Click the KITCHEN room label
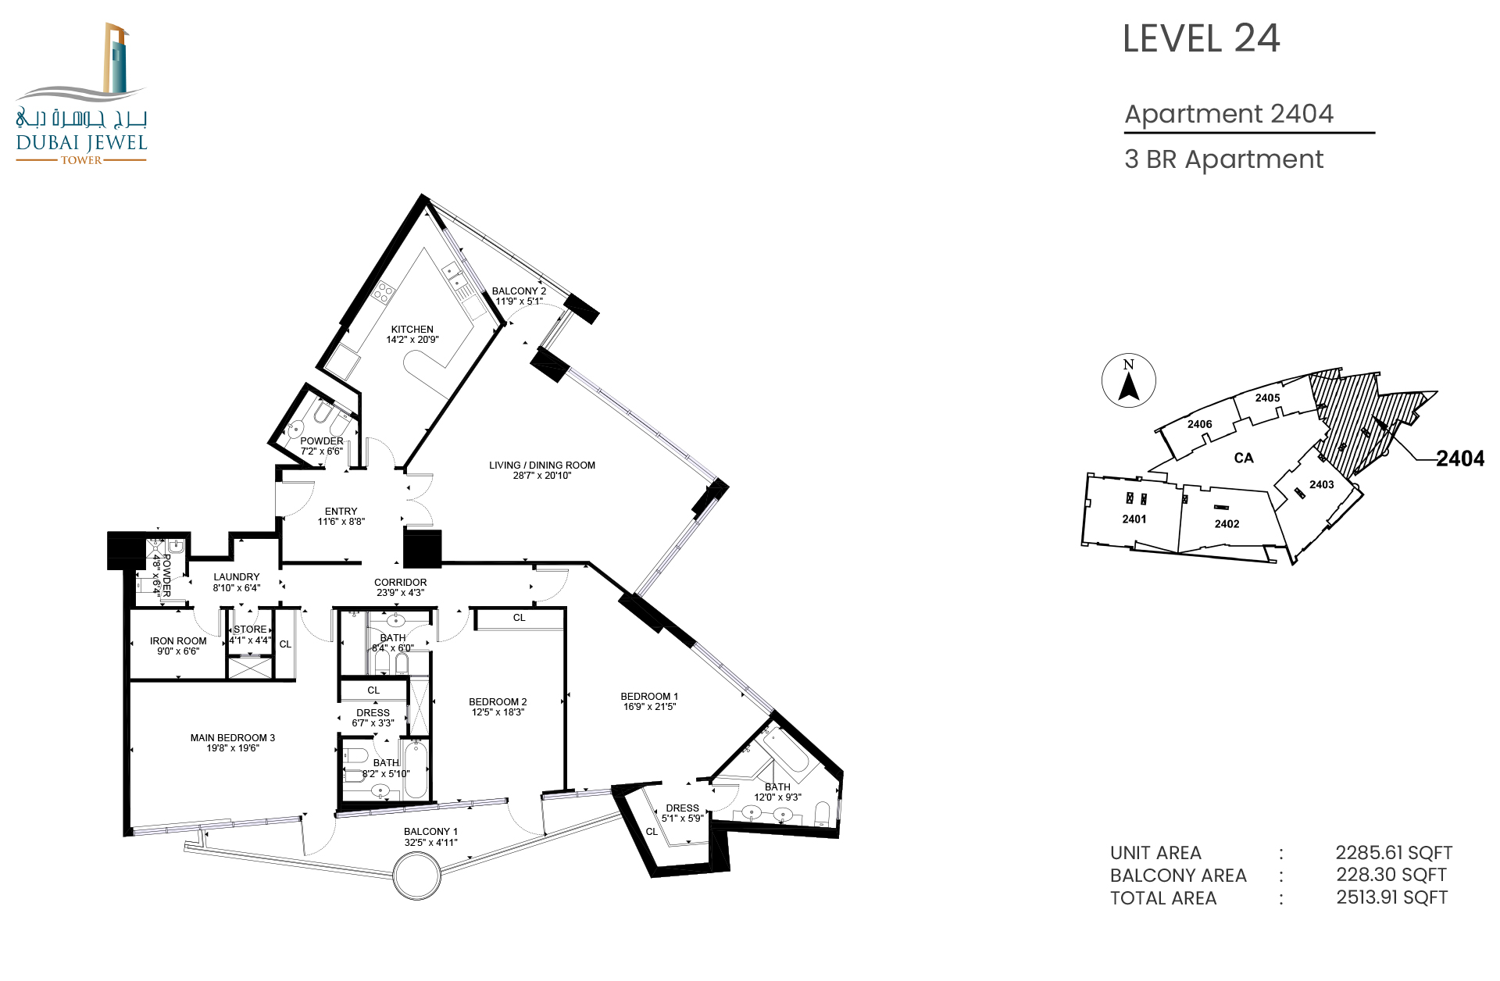[412, 330]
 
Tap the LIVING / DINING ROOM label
[542, 466]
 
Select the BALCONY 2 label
[519, 291]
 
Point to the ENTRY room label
[341, 512]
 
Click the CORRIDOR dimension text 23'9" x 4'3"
[400, 593]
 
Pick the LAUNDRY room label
[236, 577]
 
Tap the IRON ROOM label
[178, 641]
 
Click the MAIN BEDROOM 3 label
[233, 738]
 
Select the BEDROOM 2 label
[498, 702]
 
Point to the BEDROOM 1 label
[649, 697]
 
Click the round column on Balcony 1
[416, 876]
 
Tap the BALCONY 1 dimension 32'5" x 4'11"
[430, 843]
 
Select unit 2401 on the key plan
[1134, 519]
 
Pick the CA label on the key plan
[1244, 458]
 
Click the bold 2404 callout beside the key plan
[1460, 458]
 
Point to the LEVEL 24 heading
[1202, 38]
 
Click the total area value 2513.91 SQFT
[1392, 897]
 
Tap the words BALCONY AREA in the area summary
[1178, 876]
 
